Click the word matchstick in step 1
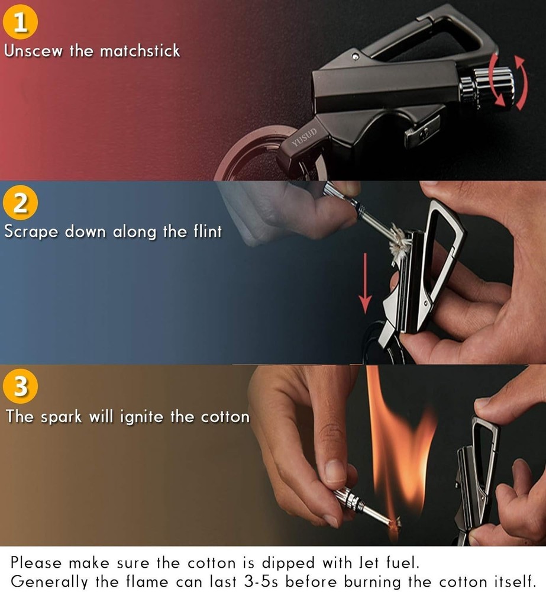pos(140,50)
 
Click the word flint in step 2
pos(207,231)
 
